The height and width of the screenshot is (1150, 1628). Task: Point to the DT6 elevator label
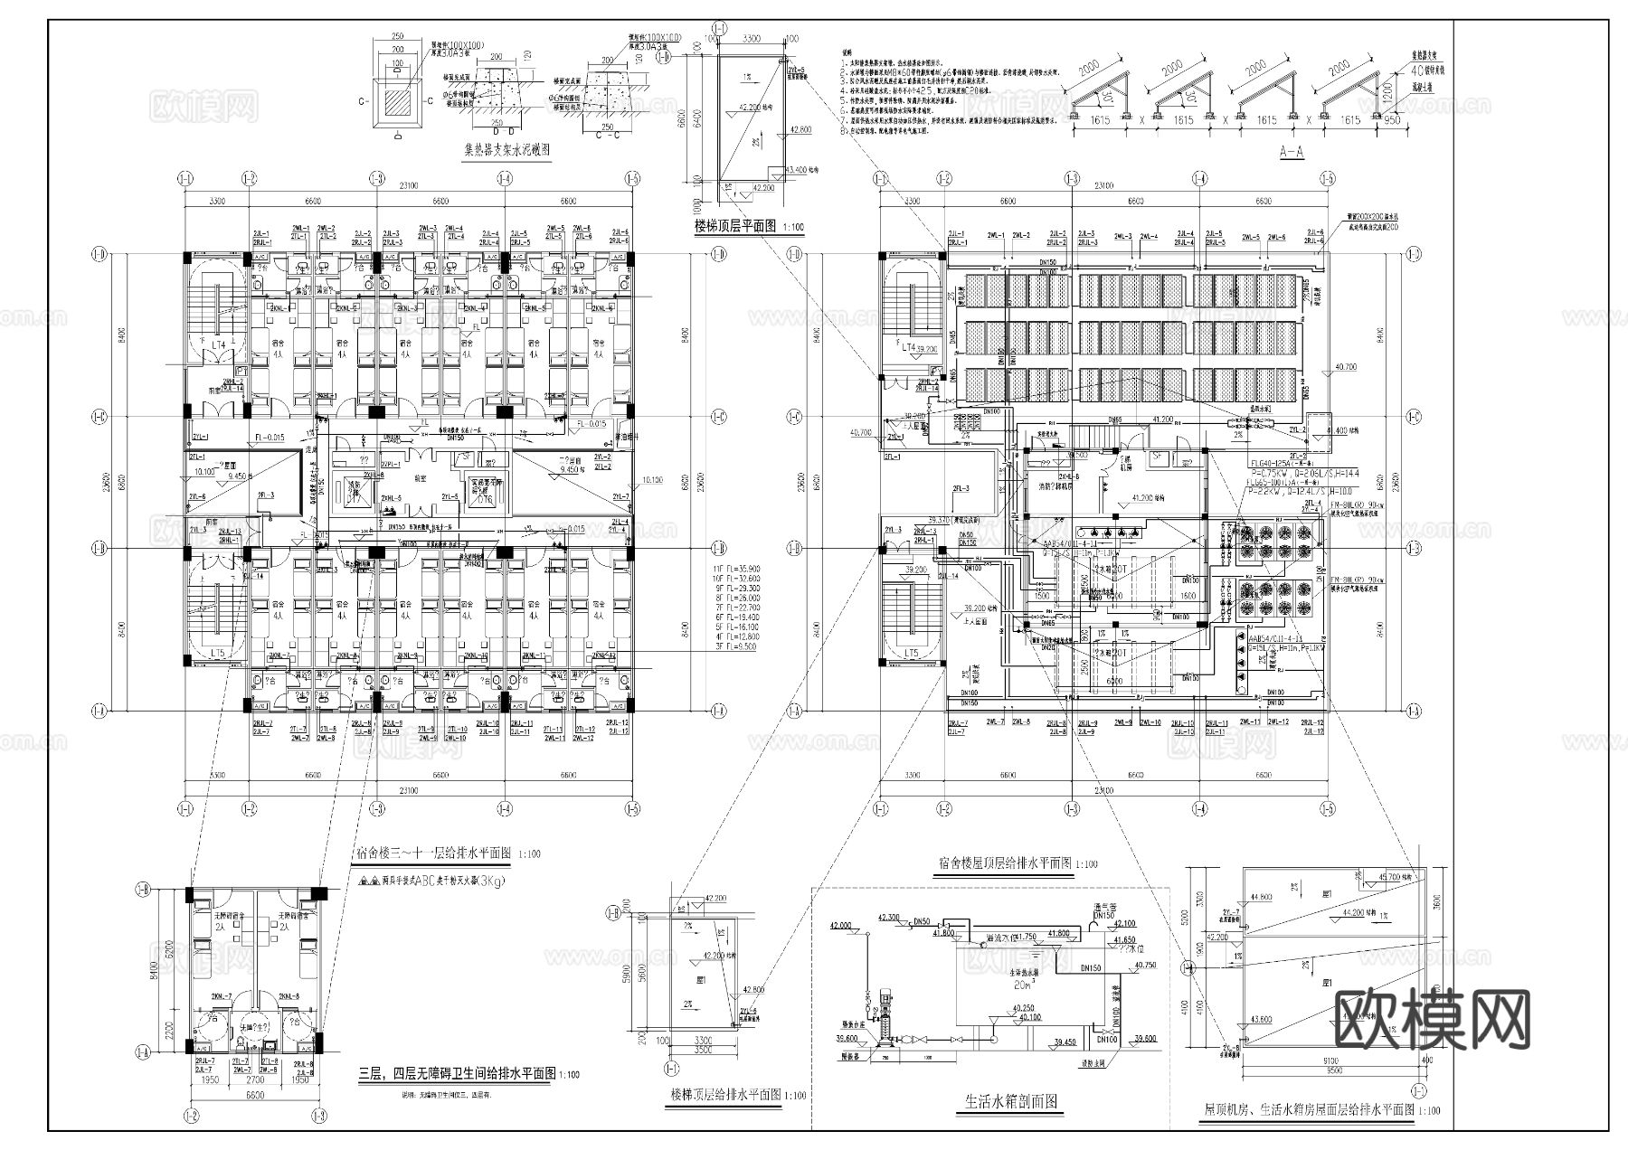(x=485, y=499)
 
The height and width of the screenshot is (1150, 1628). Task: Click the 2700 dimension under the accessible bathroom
(x=254, y=1079)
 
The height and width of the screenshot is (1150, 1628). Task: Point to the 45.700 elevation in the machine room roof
(x=1396, y=877)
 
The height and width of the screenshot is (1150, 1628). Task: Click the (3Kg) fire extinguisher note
(x=487, y=880)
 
